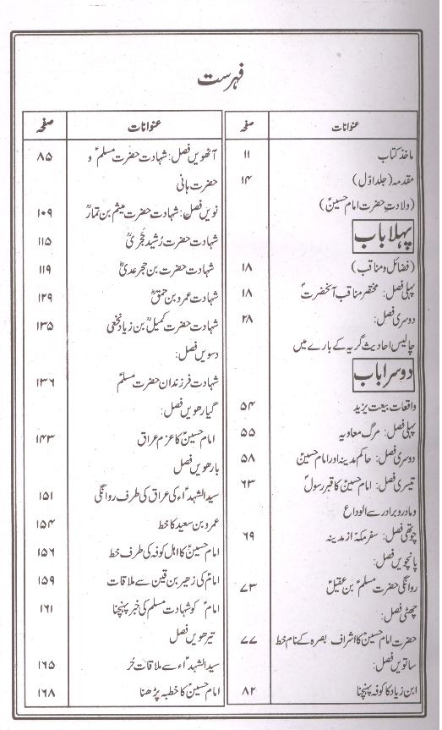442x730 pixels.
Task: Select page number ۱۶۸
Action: [x=45, y=693]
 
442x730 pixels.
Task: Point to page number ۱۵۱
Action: [x=45, y=495]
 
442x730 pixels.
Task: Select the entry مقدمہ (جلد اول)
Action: [x=375, y=179]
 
